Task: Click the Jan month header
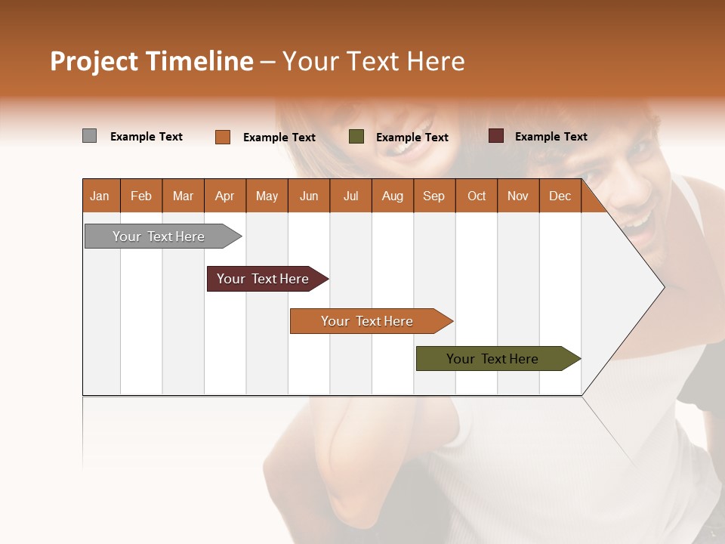point(100,196)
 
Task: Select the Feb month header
point(141,196)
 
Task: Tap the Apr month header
point(225,196)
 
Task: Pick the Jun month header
point(309,196)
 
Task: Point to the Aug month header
point(393,196)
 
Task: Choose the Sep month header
point(434,196)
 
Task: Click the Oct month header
point(477,196)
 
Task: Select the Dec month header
point(560,196)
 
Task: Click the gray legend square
point(89,136)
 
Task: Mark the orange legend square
point(223,137)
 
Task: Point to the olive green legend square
point(356,137)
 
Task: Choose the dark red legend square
point(495,136)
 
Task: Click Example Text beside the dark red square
point(551,136)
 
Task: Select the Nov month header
point(518,196)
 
